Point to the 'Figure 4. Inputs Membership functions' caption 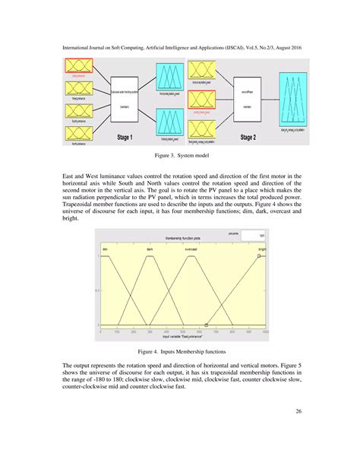pyautogui.click(x=180, y=353)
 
